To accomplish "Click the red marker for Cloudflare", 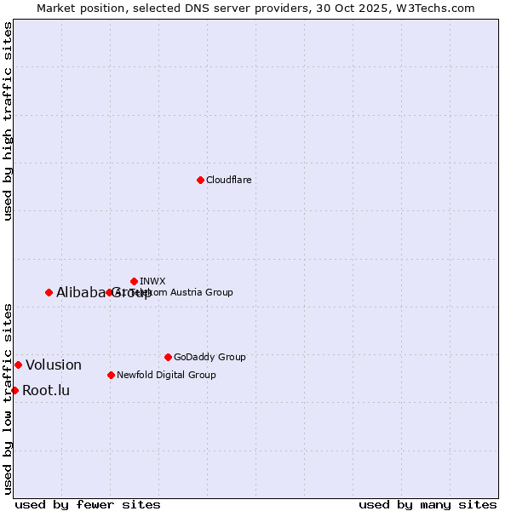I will [200, 180].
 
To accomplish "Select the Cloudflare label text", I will [228, 180].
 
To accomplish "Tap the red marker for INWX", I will [134, 281].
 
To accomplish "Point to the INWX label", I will [152, 281].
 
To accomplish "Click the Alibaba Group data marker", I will [49, 292].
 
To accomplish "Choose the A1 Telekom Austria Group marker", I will [109, 292].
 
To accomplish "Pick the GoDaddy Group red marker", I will [168, 357].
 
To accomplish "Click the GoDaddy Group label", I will [210, 357].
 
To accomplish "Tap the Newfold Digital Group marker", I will [111, 375].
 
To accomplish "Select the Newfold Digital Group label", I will [166, 375].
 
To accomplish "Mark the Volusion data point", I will [18, 365].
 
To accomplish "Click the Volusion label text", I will [54, 365].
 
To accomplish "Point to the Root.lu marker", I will [14, 390].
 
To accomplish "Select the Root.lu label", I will [46, 391].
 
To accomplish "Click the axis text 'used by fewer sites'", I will [88, 504].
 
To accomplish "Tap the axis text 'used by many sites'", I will [428, 504].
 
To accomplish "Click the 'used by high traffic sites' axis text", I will [8, 121].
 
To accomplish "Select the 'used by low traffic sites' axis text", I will [8, 398].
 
